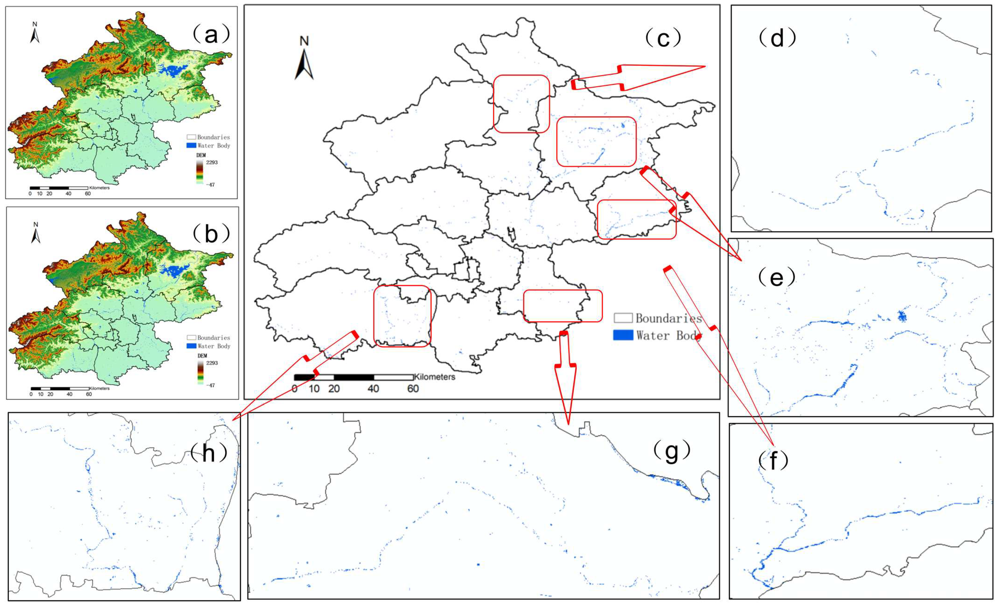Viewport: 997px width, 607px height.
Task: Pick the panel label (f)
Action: tap(773, 460)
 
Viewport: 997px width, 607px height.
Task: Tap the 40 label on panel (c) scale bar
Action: tap(373, 389)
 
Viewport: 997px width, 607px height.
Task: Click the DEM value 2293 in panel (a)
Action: tap(212, 162)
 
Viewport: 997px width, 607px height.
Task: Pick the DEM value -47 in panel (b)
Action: tap(210, 385)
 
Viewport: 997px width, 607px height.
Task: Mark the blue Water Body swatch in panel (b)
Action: tap(191, 346)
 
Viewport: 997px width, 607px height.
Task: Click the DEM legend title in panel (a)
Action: tap(201, 155)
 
